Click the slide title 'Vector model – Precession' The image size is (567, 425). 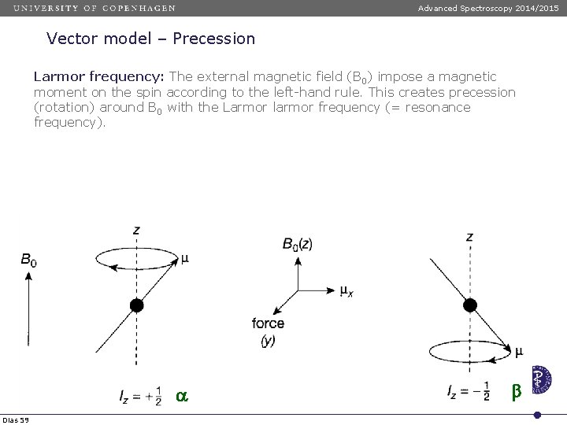pos(150,39)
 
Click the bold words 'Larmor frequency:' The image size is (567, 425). pos(98,76)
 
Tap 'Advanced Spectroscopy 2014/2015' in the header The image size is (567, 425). pos(488,8)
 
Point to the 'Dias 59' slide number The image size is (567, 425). pos(16,418)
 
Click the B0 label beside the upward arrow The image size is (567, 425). pos(28,259)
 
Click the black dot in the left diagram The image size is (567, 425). pos(137,305)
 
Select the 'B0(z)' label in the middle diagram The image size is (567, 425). pos(298,244)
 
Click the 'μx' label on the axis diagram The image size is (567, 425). pos(346,292)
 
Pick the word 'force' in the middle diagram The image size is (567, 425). pos(269,323)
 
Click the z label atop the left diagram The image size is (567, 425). pos(137,230)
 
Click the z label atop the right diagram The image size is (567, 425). pos(469,235)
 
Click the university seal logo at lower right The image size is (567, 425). pos(541,379)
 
